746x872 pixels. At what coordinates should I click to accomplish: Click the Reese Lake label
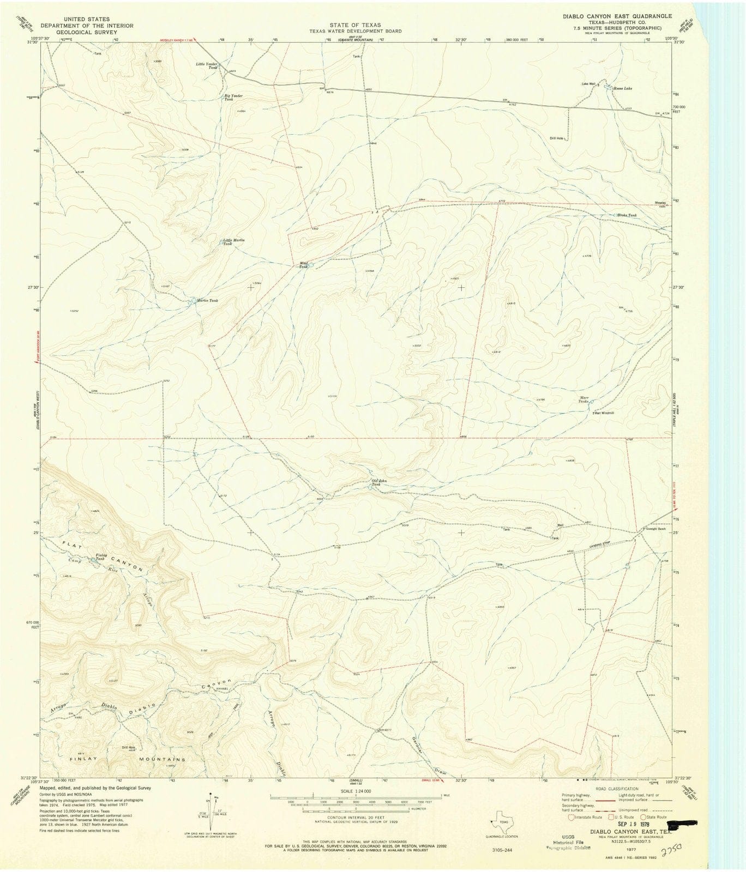(x=623, y=88)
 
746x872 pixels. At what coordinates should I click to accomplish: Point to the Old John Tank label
(x=380, y=482)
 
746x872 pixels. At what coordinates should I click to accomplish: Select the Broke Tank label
(x=627, y=215)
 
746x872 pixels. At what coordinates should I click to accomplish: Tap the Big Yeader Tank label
(x=233, y=98)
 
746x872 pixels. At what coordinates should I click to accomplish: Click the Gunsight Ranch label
(x=656, y=529)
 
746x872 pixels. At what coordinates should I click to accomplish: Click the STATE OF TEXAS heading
(x=354, y=25)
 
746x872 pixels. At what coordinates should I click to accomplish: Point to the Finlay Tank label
(x=100, y=556)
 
